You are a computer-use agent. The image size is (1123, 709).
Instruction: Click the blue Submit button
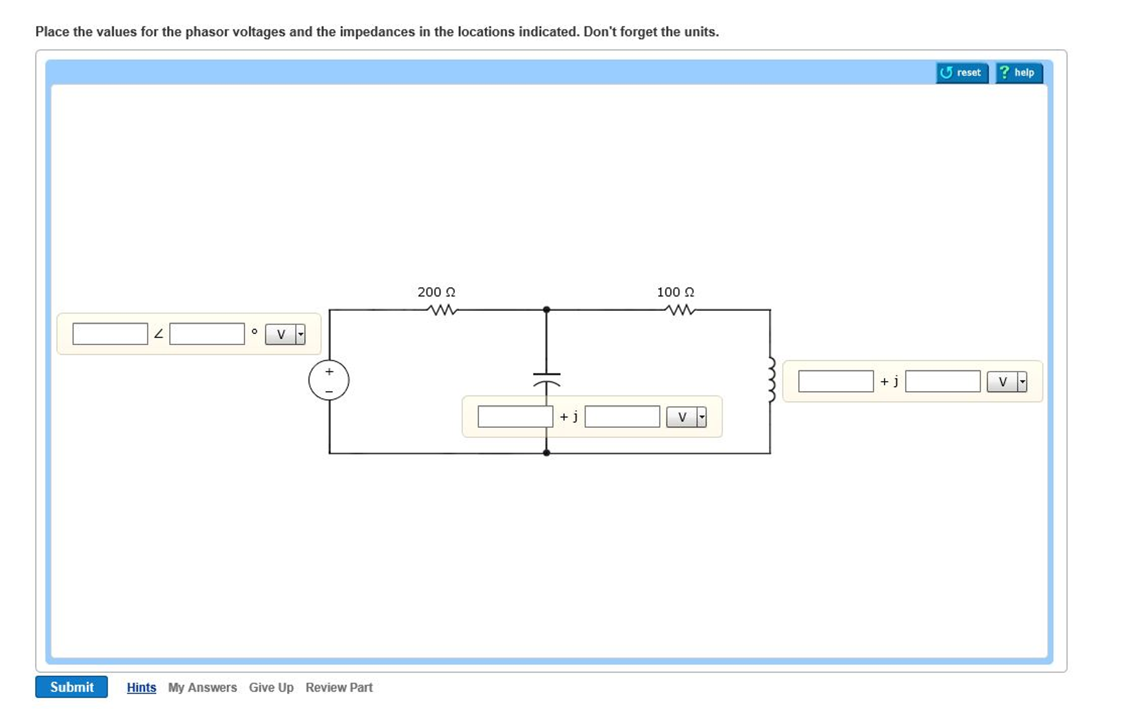pos(71,687)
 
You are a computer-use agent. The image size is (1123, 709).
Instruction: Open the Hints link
pos(141,688)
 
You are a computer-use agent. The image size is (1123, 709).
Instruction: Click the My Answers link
pos(202,688)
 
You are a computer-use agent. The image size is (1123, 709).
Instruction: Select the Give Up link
pos(271,688)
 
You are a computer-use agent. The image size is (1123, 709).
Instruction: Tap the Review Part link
pos(339,688)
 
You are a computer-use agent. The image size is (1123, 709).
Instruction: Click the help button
pos(1019,72)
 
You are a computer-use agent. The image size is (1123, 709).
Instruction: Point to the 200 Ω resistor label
pos(436,292)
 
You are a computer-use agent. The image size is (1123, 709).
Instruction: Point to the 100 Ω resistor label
pos(675,292)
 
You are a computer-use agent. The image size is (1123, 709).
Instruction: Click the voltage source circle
pos(329,380)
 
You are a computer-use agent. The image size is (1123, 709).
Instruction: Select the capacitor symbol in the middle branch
pos(547,378)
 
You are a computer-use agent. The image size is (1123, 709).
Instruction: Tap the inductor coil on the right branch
pos(771,379)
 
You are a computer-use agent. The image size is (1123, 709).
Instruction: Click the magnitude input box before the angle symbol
pos(110,334)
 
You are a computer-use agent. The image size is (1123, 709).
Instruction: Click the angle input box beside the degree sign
pos(207,334)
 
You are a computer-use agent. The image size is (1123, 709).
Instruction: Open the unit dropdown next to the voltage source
pos(285,334)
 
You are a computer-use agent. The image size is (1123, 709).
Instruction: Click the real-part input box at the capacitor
pos(515,417)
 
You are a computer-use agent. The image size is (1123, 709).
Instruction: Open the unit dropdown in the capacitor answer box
pos(686,417)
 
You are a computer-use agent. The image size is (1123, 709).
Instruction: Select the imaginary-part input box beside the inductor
pos(942,382)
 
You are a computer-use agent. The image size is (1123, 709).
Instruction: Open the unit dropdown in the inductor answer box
pos(1007,382)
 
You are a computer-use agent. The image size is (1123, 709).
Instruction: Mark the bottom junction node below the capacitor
pos(547,453)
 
